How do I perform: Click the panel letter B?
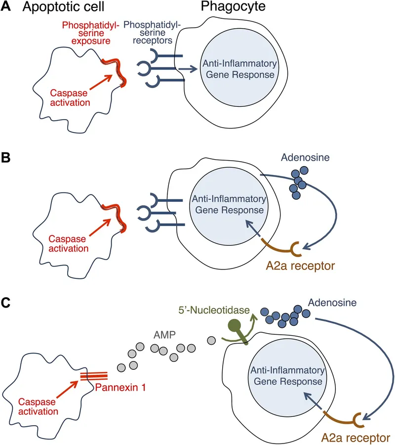click(7, 159)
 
